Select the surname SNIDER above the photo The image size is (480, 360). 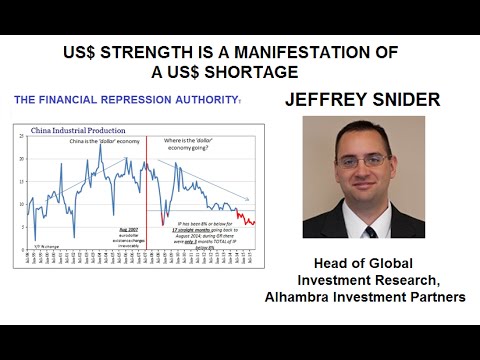[403, 100]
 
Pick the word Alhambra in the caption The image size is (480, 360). [303, 296]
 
